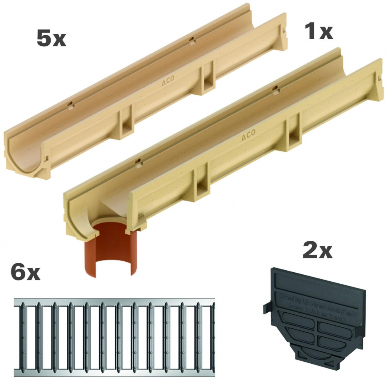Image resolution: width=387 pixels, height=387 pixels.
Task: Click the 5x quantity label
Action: pyautogui.click(x=51, y=39)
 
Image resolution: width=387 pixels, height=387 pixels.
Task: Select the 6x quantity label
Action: pyautogui.click(x=26, y=272)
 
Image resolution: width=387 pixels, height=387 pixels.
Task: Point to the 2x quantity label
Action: pyautogui.click(x=317, y=251)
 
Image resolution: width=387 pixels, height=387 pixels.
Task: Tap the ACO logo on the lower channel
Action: pyautogui.click(x=248, y=135)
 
